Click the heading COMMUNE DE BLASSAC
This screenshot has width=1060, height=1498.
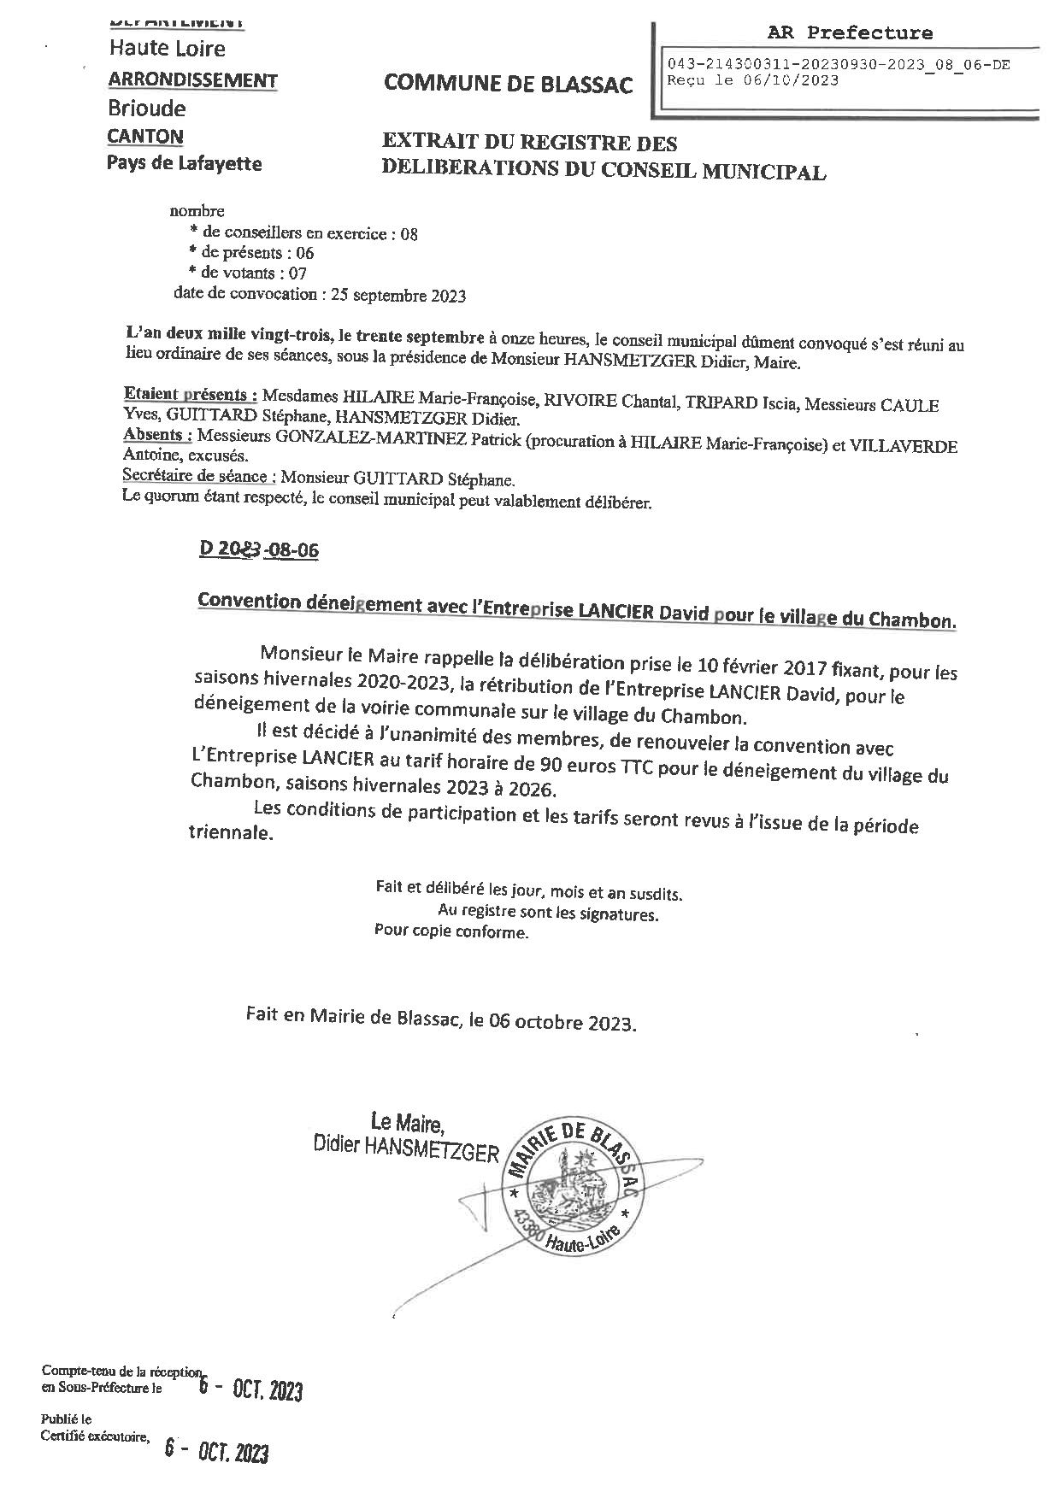point(509,84)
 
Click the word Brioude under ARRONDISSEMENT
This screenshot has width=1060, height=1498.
point(146,109)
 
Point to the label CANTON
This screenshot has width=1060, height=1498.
point(145,136)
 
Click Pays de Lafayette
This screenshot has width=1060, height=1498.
point(184,162)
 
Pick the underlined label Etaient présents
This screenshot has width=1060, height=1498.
point(191,396)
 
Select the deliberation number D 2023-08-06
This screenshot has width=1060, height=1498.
point(258,549)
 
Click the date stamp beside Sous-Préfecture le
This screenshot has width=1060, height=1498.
point(250,1390)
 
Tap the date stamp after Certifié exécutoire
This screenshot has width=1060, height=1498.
point(216,1452)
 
